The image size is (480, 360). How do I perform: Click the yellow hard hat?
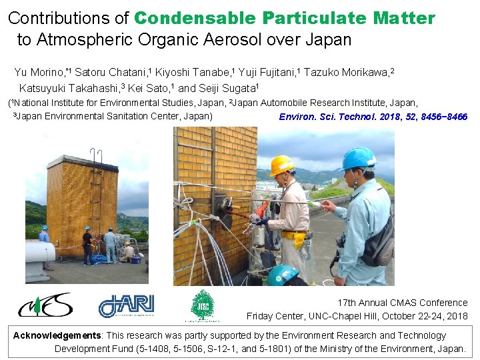coord(282,165)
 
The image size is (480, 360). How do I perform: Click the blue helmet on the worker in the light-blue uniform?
coord(358,159)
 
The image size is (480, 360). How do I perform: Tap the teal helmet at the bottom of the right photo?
coord(283,275)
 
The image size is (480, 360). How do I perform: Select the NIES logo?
coord(45,305)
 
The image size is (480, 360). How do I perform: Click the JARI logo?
coord(126,305)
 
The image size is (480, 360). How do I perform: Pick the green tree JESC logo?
coord(203,305)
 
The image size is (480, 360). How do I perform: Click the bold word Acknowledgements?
coord(57,335)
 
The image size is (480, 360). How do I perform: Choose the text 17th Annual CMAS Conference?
coord(403,303)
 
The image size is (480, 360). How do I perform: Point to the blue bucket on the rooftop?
coord(135,259)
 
